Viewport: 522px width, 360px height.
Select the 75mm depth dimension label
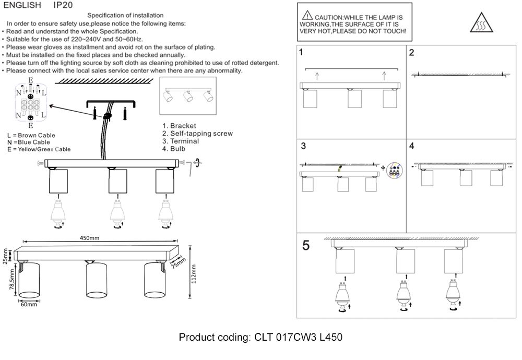(x=178, y=262)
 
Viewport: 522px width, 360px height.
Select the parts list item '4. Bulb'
(x=174, y=149)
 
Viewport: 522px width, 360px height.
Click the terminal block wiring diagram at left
(x=31, y=102)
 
